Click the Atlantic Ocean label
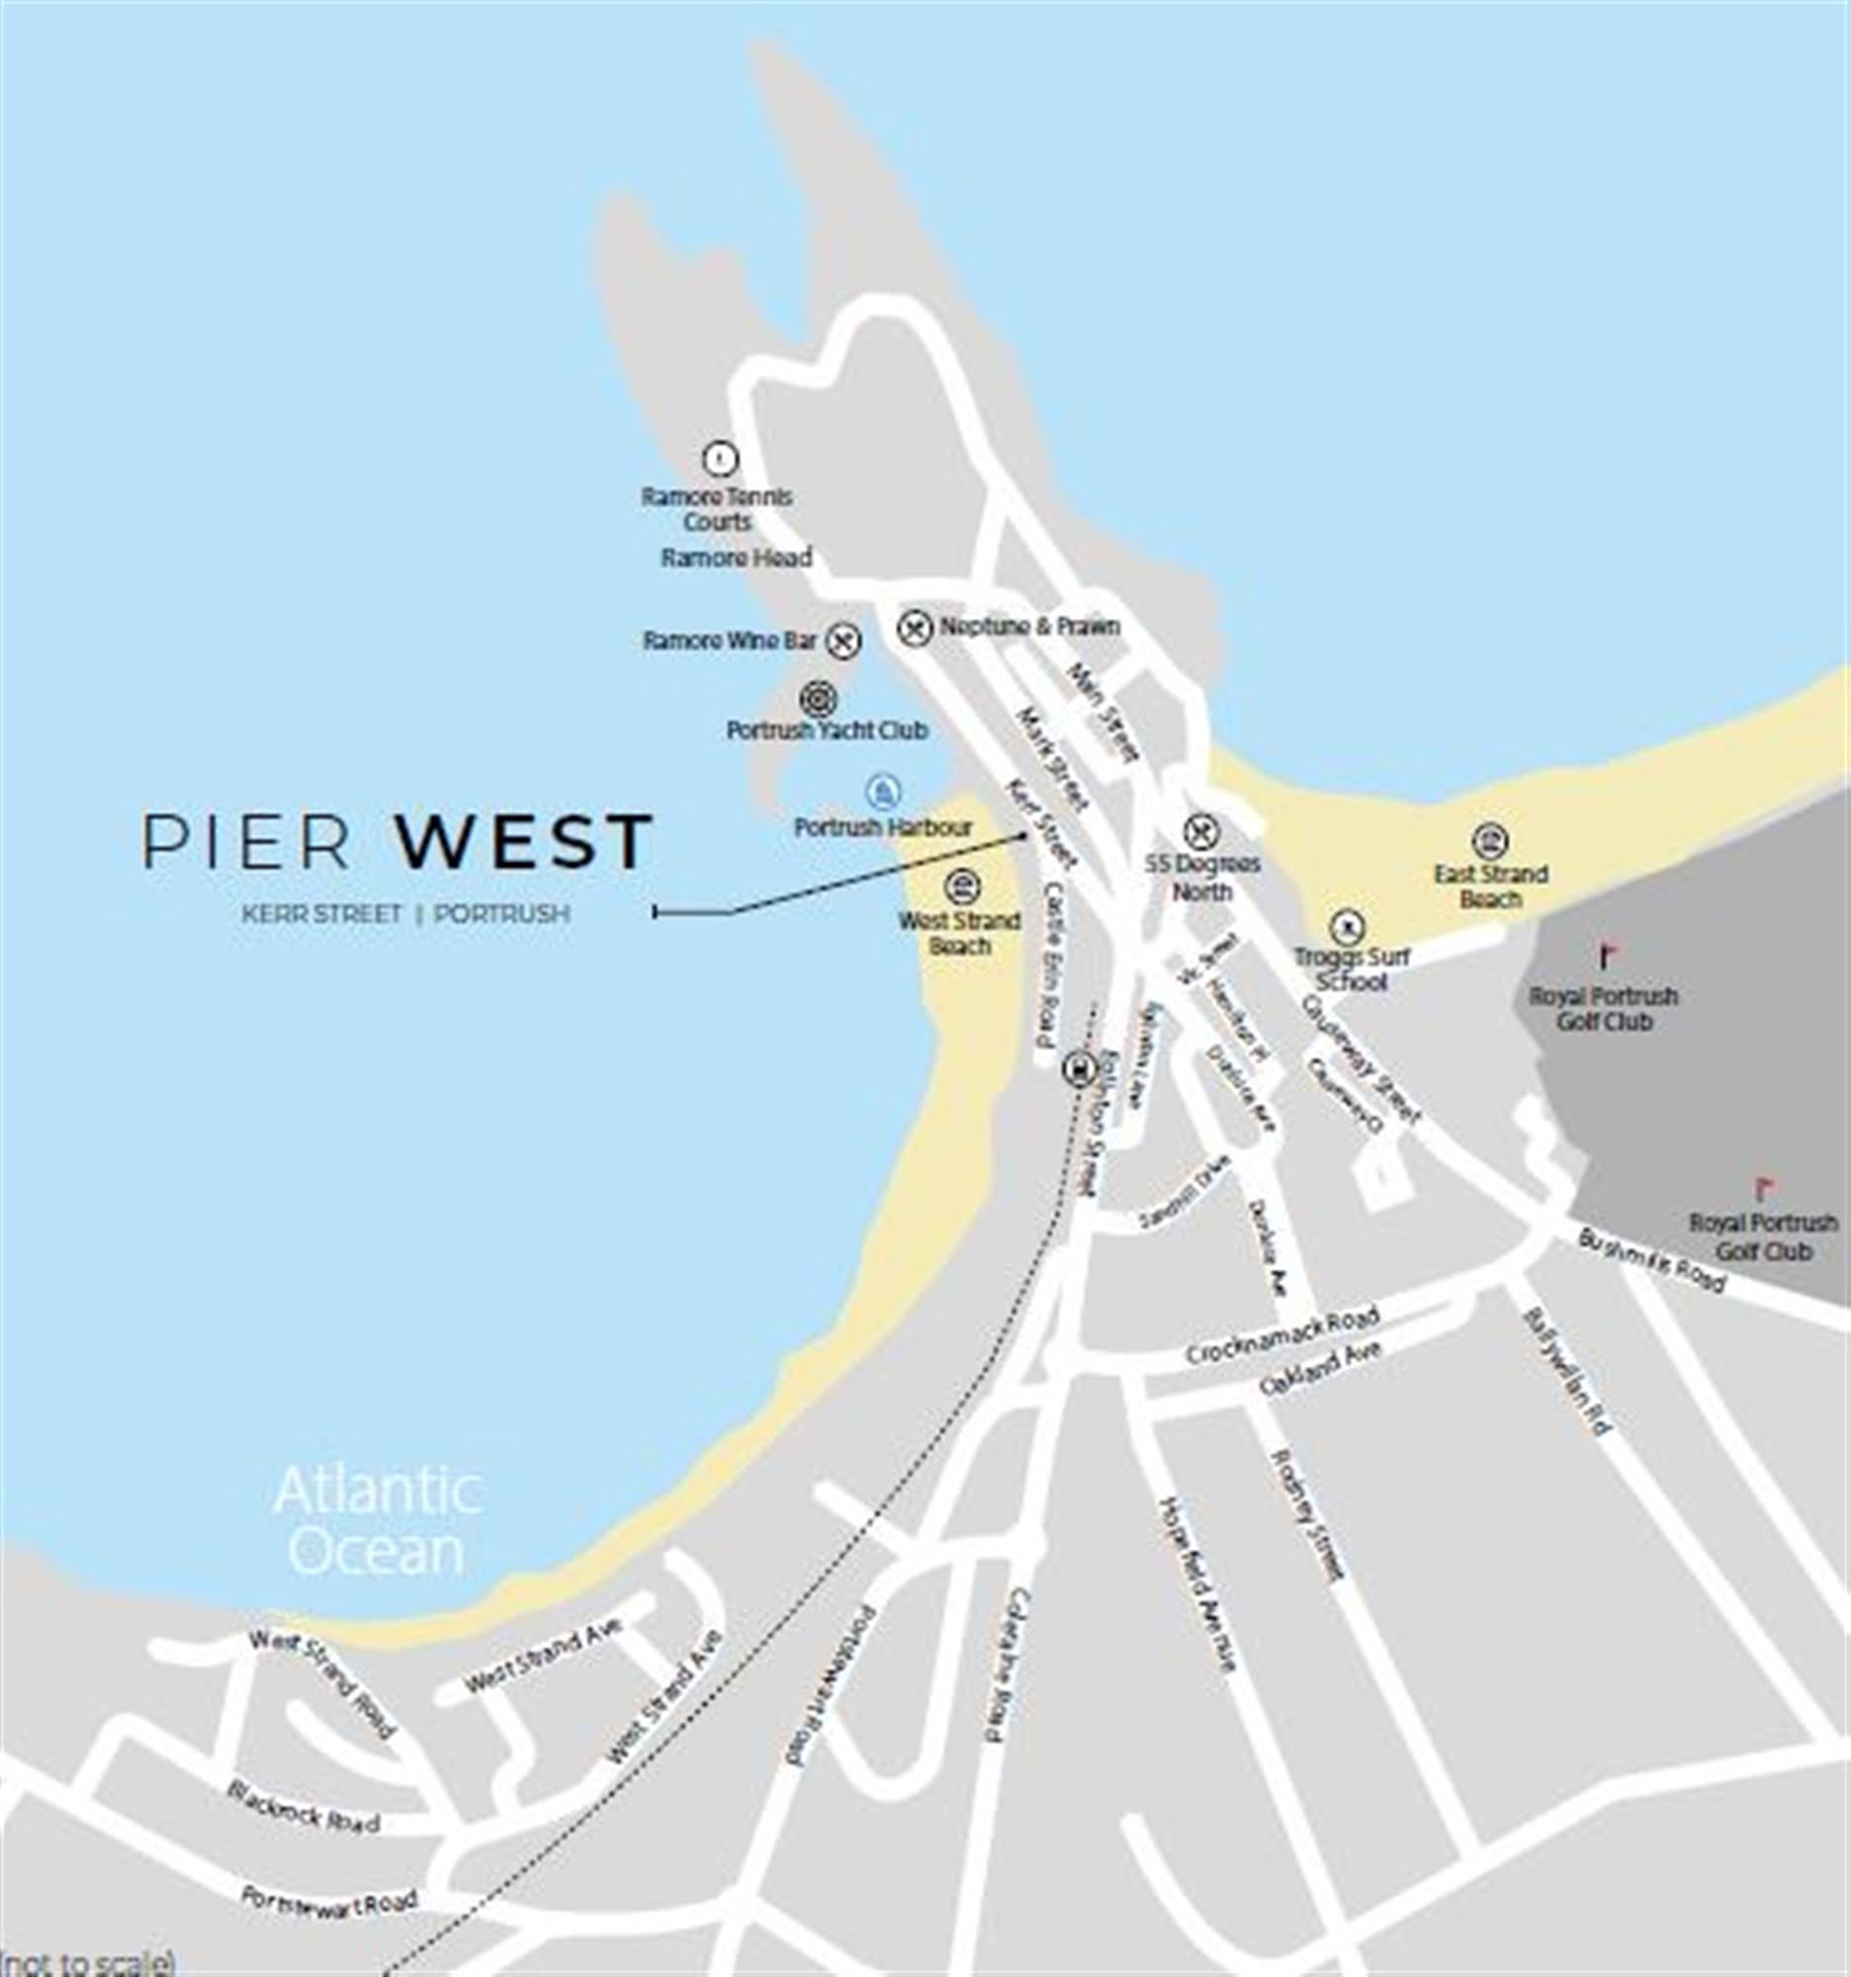378,1521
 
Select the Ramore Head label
736,558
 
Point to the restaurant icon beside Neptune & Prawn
915,627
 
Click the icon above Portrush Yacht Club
818,699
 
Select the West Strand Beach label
959,933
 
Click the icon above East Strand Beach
1489,841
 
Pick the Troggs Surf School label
1351,970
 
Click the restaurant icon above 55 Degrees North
1201,830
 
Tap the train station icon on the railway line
1078,1069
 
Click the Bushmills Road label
1650,1260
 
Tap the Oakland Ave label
1320,1368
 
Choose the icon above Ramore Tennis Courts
719,459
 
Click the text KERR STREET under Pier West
321,913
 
